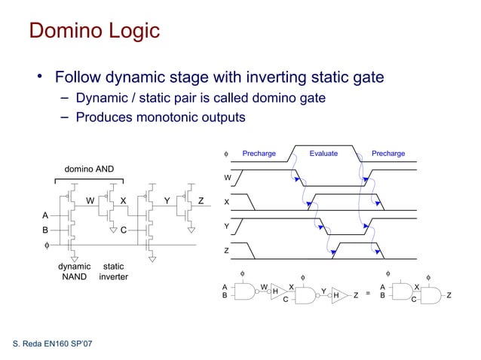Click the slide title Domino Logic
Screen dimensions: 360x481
tap(94, 31)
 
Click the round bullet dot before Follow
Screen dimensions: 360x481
tap(38, 78)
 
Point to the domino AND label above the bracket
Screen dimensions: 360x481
tap(88, 169)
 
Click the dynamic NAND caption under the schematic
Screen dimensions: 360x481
tap(75, 272)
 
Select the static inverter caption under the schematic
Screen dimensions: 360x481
tap(113, 272)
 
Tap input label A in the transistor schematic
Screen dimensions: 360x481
tap(44, 215)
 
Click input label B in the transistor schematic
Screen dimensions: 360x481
tap(44, 230)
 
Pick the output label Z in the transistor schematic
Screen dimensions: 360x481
tap(201, 201)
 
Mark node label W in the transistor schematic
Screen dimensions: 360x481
tap(90, 201)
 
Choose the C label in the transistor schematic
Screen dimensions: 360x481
tap(122, 230)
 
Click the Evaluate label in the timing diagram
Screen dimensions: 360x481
tap(323, 154)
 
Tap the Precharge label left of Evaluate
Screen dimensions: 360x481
tap(259, 154)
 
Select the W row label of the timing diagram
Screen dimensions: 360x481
tap(227, 178)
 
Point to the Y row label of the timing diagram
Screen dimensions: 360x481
tap(227, 227)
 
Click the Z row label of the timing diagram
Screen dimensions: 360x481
tap(227, 251)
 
